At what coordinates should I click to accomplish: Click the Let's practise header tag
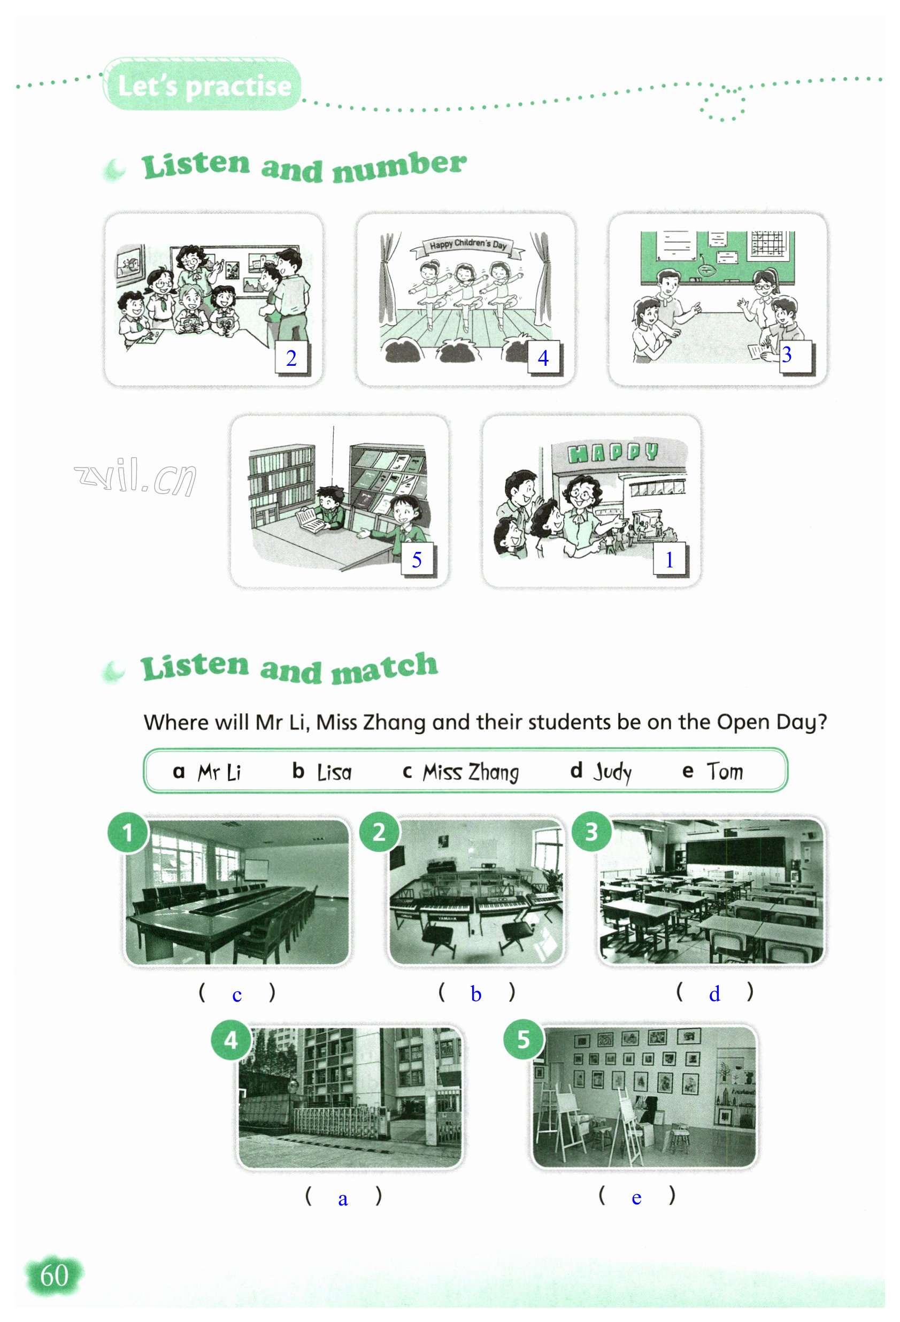202,84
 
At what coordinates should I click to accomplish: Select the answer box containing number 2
292,358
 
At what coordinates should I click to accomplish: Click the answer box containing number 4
544,358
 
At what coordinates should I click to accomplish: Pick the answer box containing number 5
418,560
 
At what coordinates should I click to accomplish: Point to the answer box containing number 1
670,560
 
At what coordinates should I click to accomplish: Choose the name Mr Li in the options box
220,772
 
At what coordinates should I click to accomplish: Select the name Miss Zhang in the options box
471,772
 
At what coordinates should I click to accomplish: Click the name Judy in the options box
613,772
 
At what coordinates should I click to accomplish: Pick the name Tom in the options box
725,771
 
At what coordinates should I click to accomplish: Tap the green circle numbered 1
128,833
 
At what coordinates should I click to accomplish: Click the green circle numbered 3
591,832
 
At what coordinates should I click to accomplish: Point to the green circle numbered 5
524,1040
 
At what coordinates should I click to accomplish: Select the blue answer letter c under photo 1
237,995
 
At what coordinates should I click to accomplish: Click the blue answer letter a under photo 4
342,1199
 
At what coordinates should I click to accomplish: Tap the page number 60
55,1275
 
